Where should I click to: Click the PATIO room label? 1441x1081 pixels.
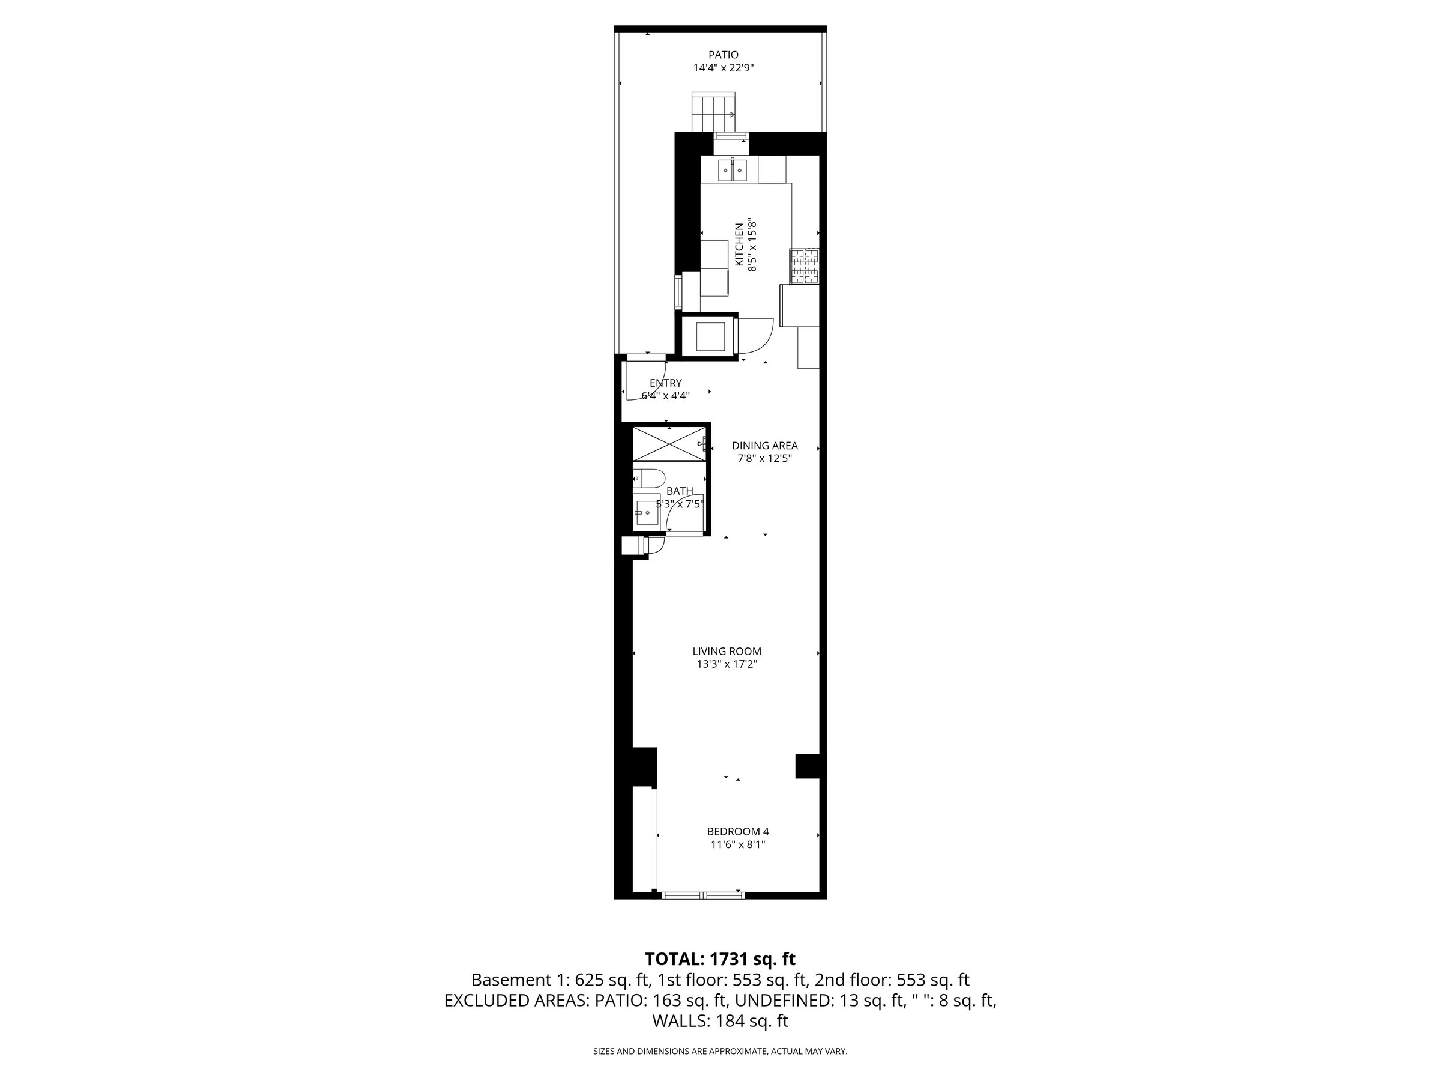[723, 55]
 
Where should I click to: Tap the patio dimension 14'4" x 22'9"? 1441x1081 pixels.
[723, 68]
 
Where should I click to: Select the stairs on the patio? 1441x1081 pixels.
[713, 112]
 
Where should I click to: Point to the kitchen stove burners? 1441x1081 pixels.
[804, 266]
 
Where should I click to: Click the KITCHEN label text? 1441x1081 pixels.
[739, 244]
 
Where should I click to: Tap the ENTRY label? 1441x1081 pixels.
[665, 383]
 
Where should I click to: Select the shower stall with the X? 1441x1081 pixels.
[669, 444]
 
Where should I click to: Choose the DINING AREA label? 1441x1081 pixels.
[764, 446]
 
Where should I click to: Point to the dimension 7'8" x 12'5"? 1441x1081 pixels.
[764, 458]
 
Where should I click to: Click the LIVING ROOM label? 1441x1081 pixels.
[727, 651]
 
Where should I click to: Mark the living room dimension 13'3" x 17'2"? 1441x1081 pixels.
[727, 664]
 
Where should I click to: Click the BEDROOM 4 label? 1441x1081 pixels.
[737, 831]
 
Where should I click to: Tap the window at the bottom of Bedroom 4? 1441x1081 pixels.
[703, 896]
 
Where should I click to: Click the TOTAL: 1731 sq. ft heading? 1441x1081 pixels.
[720, 959]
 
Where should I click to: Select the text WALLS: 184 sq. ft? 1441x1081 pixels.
[720, 1021]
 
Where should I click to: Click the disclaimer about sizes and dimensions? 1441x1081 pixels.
[720, 1051]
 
